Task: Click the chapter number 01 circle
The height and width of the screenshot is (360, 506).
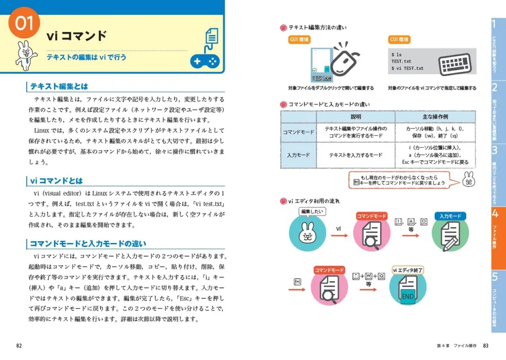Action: tap(24, 24)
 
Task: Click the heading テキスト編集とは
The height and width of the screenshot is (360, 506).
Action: tap(59, 86)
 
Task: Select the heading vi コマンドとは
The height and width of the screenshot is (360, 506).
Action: tap(57, 181)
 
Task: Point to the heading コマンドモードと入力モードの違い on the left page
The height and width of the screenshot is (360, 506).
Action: tap(88, 243)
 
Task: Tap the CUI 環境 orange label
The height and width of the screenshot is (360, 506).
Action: tap(399, 40)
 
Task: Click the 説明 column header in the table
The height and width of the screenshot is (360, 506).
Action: tap(356, 117)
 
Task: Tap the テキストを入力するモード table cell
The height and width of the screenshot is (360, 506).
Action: tap(356, 155)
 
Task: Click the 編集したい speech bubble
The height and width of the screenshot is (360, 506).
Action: tap(312, 211)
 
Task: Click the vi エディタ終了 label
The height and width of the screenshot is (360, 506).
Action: tap(408, 271)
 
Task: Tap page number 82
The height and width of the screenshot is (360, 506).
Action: tap(19, 346)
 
